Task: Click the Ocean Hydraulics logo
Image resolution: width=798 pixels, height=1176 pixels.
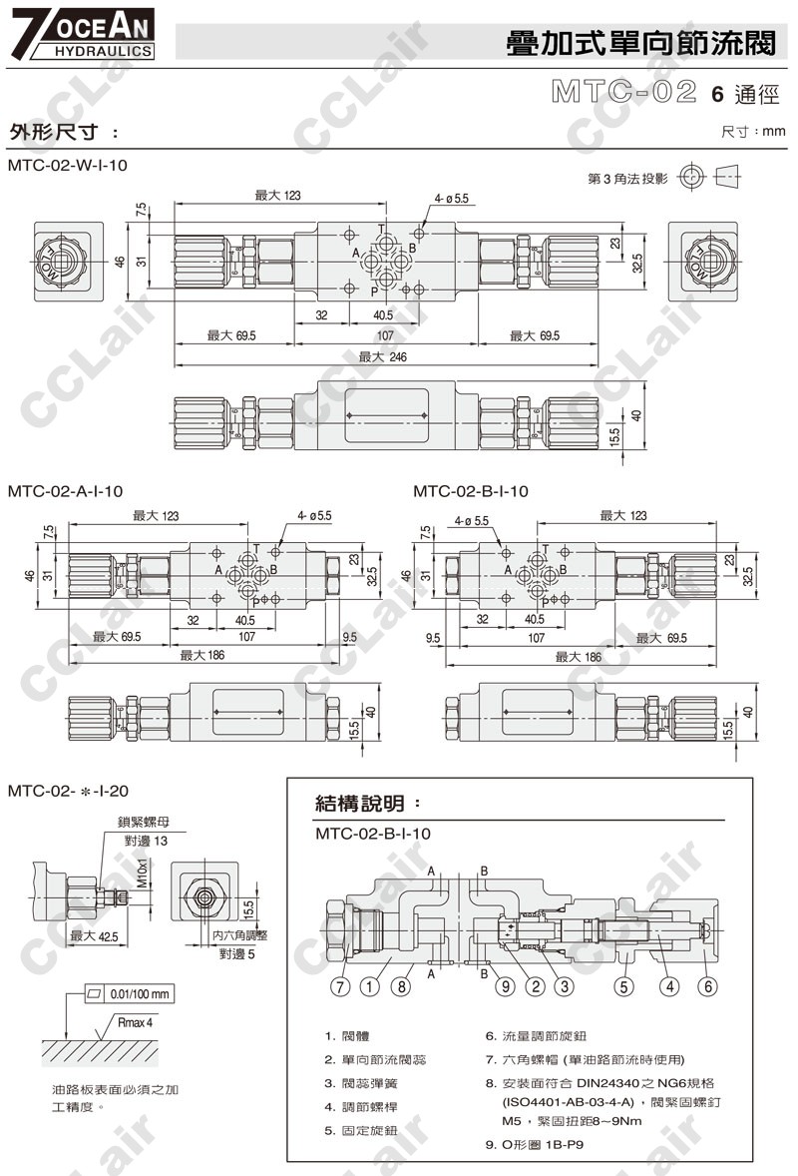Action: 79,33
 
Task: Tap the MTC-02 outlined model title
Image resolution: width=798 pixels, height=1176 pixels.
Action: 623,93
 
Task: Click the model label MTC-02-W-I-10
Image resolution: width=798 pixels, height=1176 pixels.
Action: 67,164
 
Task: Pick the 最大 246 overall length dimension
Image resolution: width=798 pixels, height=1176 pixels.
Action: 384,356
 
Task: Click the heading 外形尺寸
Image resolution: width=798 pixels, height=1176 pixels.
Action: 64,131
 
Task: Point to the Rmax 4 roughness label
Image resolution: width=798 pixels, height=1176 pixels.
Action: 134,1022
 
